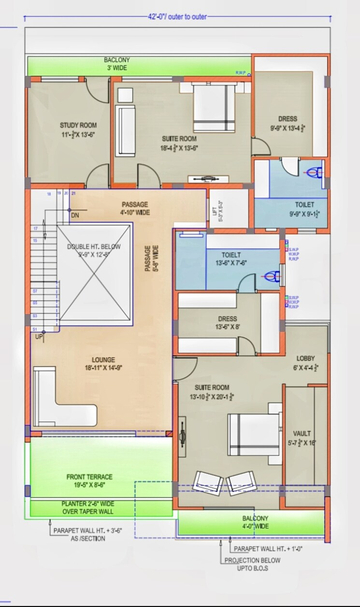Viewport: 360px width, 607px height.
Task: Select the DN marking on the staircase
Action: [x=75, y=215]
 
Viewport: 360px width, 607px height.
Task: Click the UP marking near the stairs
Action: [x=39, y=337]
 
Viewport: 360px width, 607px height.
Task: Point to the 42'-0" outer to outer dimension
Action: [x=177, y=16]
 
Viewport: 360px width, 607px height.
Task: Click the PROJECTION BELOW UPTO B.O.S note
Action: [x=252, y=564]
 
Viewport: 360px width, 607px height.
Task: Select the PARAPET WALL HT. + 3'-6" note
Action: [x=87, y=534]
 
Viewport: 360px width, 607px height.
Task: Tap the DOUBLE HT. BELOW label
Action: [x=94, y=250]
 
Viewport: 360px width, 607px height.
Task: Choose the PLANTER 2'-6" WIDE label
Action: [x=88, y=507]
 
